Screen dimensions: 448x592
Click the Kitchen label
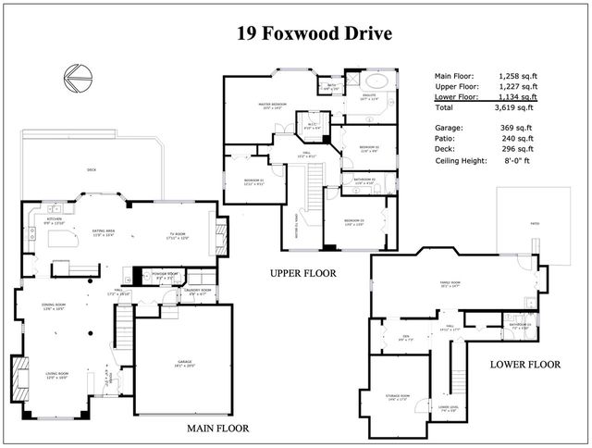54,220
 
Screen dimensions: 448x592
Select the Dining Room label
55,306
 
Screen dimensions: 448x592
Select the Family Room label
452,285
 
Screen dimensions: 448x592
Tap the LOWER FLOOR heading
524,364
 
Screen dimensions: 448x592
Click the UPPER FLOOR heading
302,273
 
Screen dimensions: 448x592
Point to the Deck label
91,169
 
